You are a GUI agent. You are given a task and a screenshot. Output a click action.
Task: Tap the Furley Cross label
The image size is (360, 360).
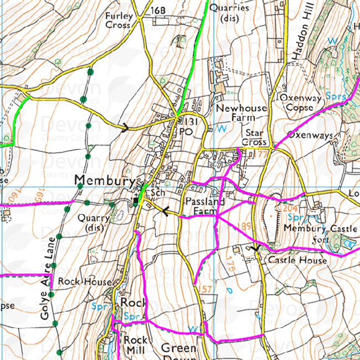tap(119, 20)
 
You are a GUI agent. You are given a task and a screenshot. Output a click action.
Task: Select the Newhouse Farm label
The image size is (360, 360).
tap(241, 113)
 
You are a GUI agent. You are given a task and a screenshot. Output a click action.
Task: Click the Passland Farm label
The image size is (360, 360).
tap(204, 206)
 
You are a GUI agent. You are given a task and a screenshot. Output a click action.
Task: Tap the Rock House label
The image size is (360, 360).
tap(84, 281)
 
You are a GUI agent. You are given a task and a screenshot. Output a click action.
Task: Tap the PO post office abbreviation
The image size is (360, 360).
tap(185, 132)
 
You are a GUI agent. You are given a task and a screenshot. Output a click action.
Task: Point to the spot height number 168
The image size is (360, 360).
tap(158, 11)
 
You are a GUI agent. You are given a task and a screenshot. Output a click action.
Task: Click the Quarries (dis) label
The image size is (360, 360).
tap(234, 13)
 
